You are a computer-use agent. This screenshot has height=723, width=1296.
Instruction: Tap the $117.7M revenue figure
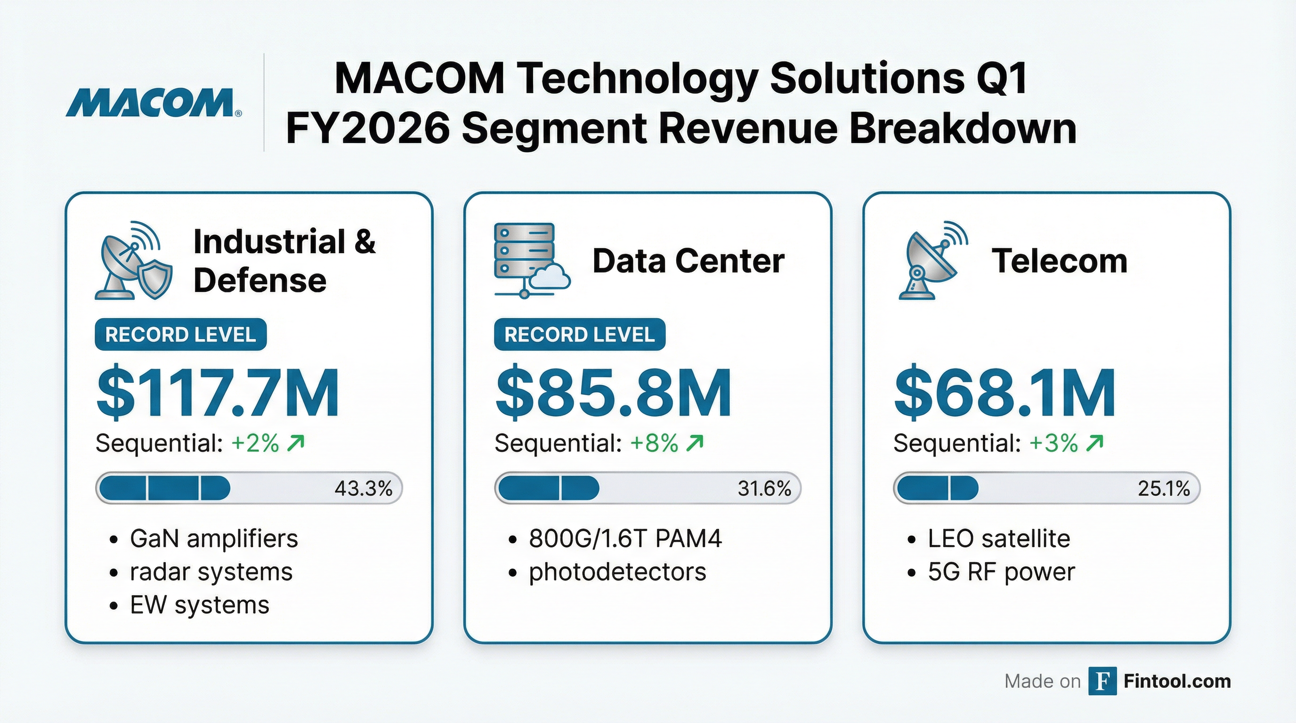(x=218, y=394)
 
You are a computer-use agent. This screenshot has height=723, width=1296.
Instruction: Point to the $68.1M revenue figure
(x=1004, y=394)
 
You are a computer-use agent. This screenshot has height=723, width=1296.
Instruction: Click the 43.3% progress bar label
(x=363, y=488)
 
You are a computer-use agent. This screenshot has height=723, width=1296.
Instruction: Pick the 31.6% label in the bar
(x=764, y=488)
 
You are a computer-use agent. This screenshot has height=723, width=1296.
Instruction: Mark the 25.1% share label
(x=1164, y=488)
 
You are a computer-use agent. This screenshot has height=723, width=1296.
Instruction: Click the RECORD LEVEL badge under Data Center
(x=580, y=334)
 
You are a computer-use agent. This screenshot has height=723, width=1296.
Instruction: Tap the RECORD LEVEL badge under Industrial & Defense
(x=181, y=334)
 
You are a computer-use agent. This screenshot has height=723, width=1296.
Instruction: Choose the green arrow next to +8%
(x=695, y=443)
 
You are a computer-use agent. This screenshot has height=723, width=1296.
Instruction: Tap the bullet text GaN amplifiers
(x=214, y=538)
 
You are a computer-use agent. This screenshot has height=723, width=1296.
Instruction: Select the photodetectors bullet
(x=617, y=571)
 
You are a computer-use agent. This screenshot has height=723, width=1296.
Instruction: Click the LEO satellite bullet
(x=999, y=538)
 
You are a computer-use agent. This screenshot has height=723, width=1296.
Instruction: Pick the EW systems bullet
(x=200, y=605)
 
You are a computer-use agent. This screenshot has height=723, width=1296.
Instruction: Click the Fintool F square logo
(x=1102, y=681)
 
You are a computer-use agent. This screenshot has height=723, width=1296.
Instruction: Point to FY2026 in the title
(x=368, y=129)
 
